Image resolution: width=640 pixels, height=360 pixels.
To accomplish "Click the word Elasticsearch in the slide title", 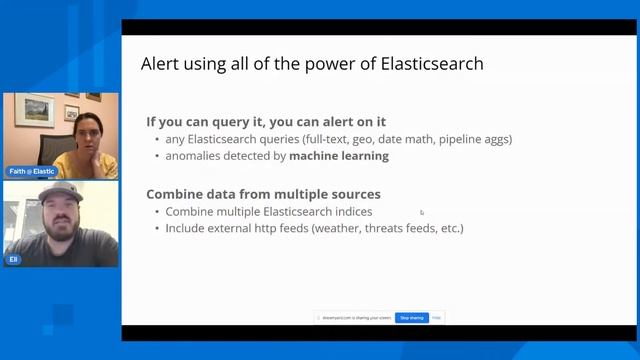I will click(433, 64).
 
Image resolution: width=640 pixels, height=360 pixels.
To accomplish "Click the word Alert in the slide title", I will click(161, 64).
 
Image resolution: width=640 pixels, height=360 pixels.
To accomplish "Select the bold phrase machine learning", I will click(339, 156).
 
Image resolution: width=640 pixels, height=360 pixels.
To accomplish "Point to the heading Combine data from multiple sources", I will click(263, 194).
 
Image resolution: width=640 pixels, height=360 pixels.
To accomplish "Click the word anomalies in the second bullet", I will click(193, 156).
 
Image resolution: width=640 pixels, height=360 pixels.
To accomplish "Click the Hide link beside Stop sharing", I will click(436, 318).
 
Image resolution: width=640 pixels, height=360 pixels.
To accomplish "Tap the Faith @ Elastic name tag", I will click(31, 171).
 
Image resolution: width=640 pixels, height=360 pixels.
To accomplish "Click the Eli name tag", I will click(14, 259).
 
